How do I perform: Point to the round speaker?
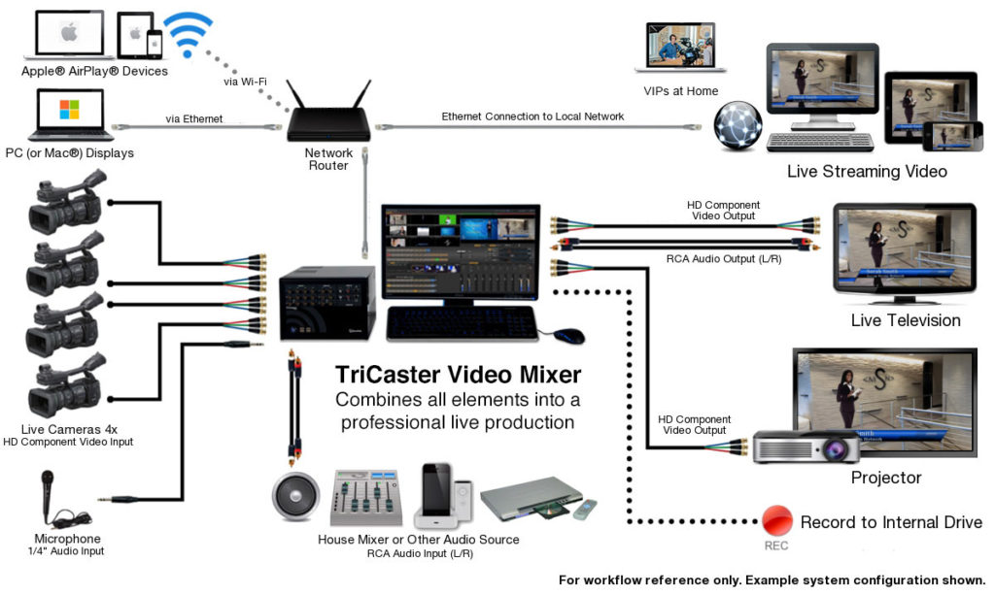295,496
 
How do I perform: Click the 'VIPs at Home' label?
681,91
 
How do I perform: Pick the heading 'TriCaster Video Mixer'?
458,375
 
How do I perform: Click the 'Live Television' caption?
905,320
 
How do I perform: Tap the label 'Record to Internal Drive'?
891,522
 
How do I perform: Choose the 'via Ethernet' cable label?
193,119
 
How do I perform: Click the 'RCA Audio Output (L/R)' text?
724,259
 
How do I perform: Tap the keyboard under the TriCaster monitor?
462,324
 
